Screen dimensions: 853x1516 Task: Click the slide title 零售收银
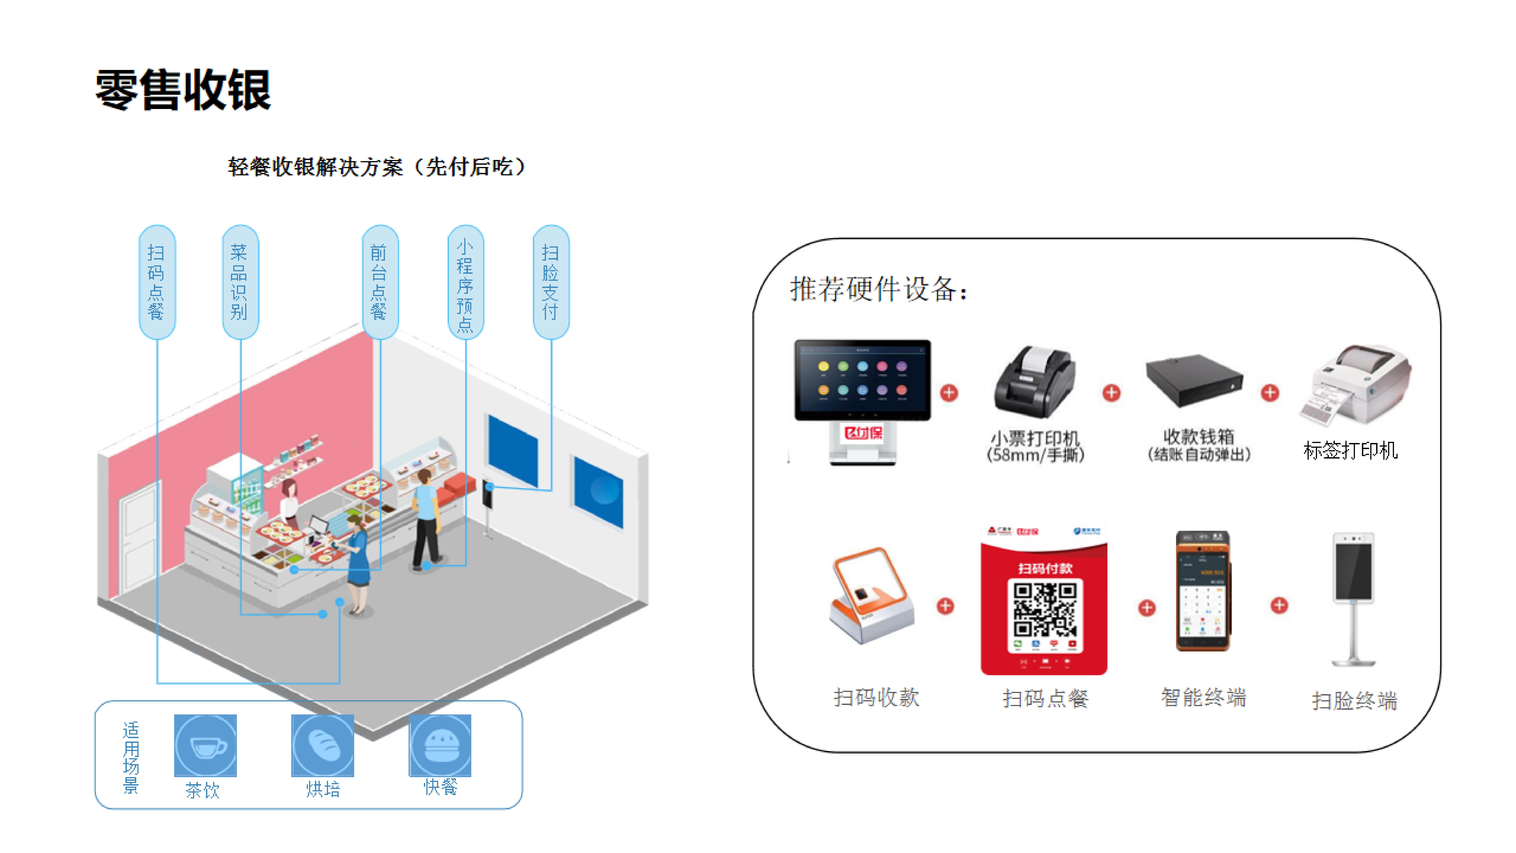pyautogui.click(x=183, y=90)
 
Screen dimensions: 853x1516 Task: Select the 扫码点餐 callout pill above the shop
pyautogui.click(x=157, y=281)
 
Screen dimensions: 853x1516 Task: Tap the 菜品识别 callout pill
pyautogui.click(x=240, y=281)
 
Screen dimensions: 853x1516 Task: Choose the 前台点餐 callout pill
pyautogui.click(x=380, y=281)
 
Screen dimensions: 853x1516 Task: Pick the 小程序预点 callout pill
pyautogui.click(x=466, y=281)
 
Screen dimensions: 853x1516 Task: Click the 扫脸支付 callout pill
pyautogui.click(x=551, y=281)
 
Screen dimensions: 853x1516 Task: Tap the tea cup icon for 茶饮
pyautogui.click(x=205, y=745)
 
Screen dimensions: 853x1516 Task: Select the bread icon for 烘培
pyautogui.click(x=323, y=745)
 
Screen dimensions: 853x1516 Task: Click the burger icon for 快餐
pyautogui.click(x=440, y=745)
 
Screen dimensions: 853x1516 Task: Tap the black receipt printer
pyautogui.click(x=1035, y=383)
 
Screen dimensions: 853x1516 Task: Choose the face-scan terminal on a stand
pyautogui.click(x=1354, y=597)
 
